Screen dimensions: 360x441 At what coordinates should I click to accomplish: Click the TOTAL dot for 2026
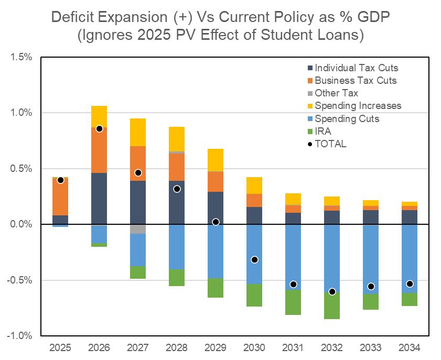click(x=99, y=128)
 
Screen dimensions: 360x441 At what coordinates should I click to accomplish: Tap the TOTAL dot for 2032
click(x=332, y=291)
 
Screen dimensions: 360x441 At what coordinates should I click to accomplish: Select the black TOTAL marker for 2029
click(x=216, y=222)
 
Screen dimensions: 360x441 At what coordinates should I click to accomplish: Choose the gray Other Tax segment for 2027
click(x=138, y=229)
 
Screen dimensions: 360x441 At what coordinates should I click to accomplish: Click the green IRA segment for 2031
click(x=293, y=302)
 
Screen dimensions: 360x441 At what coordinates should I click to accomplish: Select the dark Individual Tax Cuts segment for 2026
click(x=99, y=198)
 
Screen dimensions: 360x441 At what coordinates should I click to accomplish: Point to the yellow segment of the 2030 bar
click(x=254, y=186)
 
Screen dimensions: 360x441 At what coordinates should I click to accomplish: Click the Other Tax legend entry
click(x=336, y=93)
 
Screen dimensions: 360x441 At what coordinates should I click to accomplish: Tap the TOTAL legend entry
click(x=330, y=144)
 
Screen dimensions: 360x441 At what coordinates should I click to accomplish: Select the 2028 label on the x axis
click(x=177, y=347)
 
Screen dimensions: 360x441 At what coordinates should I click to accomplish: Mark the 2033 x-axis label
click(x=371, y=347)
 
